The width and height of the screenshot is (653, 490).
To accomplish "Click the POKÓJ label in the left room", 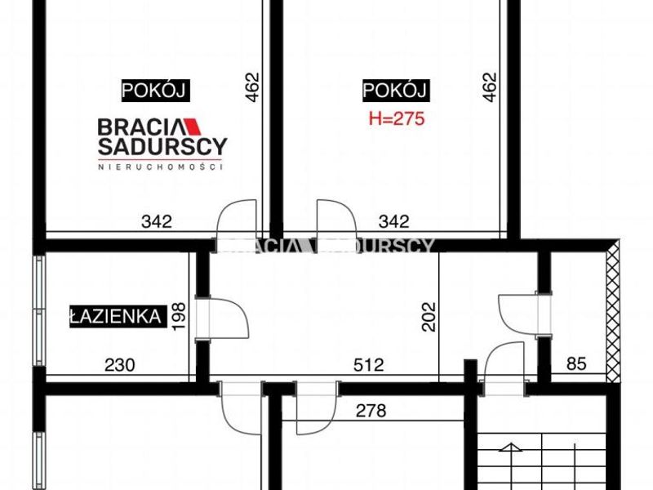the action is [x=155, y=91].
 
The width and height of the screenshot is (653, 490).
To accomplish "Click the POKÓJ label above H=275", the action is [x=396, y=91].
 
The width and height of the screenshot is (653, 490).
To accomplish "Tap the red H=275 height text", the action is [x=397, y=118].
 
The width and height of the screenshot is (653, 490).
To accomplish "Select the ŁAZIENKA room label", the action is [x=118, y=317].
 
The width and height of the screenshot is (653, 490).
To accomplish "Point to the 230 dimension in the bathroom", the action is [x=120, y=365].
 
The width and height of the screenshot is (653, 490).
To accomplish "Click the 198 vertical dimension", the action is [x=179, y=316].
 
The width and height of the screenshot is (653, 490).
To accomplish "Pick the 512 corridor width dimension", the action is [x=369, y=365].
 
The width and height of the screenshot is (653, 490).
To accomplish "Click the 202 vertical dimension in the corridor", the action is [x=429, y=317].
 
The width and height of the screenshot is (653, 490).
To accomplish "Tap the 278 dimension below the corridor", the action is [x=371, y=411].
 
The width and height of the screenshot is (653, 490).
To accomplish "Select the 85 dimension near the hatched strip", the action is [x=576, y=363].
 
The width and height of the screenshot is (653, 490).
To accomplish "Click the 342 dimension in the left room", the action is [x=157, y=221].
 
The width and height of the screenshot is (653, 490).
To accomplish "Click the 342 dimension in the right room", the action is [x=394, y=221].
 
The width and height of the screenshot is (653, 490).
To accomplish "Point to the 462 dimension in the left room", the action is [x=253, y=87].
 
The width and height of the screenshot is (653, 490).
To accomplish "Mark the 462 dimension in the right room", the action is [x=490, y=87].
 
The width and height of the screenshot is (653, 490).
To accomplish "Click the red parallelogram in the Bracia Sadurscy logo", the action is [x=193, y=127].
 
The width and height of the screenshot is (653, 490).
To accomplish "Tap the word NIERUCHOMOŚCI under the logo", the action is [x=160, y=167].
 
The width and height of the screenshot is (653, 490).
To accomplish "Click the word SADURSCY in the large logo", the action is [x=162, y=146].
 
